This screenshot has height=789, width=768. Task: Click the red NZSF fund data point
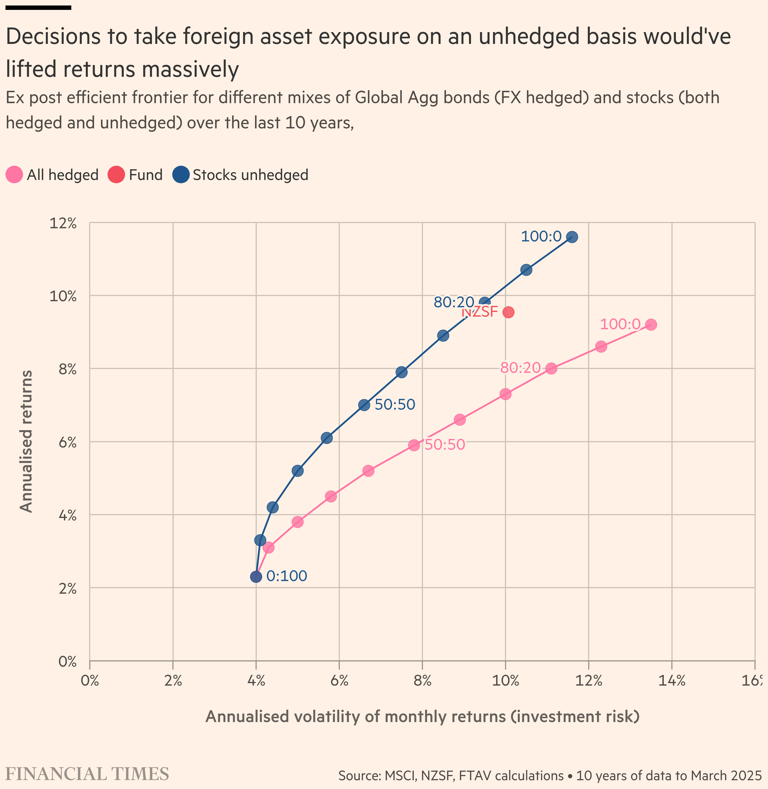[x=508, y=312]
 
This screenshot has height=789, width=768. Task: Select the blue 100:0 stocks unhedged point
[x=572, y=237]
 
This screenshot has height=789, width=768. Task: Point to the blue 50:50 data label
[x=395, y=405]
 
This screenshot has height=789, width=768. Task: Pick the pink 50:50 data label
[x=445, y=444]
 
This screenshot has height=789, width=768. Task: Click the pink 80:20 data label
[x=520, y=367]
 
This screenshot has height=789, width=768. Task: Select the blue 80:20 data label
[x=454, y=302]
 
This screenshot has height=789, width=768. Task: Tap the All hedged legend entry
[x=52, y=175]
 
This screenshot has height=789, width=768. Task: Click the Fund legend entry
[x=135, y=175]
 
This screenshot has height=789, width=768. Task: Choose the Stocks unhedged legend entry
[x=240, y=175]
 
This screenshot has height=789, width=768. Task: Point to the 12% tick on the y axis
[x=63, y=223]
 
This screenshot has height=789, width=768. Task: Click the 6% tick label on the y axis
[x=67, y=443]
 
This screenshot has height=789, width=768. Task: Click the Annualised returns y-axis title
[x=26, y=441]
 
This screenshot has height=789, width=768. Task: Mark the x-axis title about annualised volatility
[x=422, y=716]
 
